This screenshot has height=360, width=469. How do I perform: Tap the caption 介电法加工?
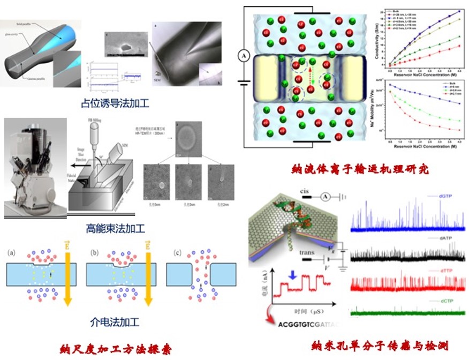pos(115,322)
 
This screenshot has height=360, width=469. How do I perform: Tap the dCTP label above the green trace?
pos(437,302)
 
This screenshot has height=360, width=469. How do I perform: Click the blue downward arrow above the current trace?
pos(291,275)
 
